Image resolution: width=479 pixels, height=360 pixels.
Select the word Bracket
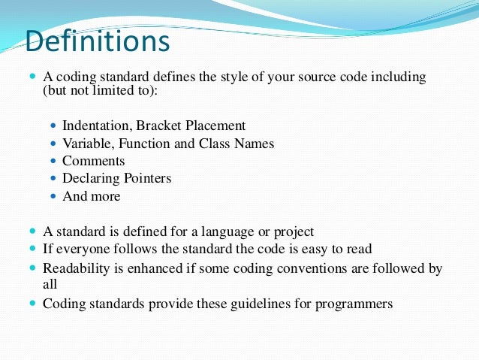tap(161, 126)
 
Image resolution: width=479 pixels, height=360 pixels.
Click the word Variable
tap(86, 144)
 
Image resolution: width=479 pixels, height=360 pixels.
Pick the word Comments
tap(93, 161)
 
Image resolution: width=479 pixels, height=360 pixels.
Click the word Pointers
tap(146, 178)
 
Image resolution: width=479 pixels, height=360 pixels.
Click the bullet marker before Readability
tap(32, 268)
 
